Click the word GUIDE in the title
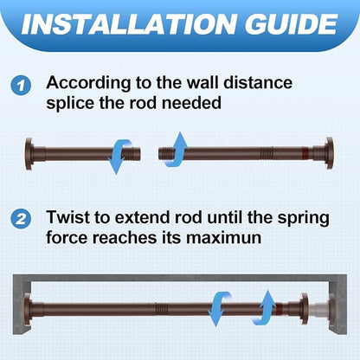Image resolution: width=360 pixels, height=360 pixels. (x=292, y=24)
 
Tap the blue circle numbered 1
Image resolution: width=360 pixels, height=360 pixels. (x=21, y=86)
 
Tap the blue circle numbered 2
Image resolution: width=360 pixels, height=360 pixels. (x=21, y=220)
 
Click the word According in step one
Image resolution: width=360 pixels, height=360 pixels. (x=88, y=84)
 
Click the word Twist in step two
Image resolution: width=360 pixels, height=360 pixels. (x=68, y=217)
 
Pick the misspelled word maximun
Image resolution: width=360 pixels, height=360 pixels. (x=223, y=238)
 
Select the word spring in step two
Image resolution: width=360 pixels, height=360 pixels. (x=303, y=219)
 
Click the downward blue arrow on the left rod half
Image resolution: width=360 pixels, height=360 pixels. (x=119, y=156)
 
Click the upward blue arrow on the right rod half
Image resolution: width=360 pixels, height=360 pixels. (x=175, y=150)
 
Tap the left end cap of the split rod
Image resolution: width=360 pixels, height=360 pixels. (x=29, y=154)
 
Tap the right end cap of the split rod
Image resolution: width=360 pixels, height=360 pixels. (x=330, y=153)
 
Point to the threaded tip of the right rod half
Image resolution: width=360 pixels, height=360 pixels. (x=166, y=153)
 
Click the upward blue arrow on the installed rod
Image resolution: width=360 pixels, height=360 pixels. (x=264, y=308)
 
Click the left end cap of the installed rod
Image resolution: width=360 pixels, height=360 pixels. (x=28, y=309)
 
